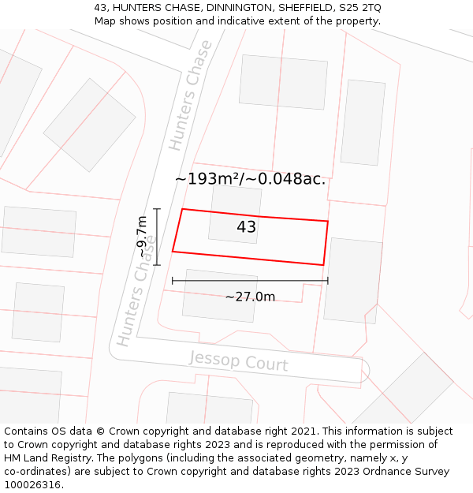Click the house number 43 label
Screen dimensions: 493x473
(x=246, y=227)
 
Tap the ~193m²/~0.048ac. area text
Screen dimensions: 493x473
(x=250, y=179)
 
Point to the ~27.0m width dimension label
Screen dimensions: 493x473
(x=250, y=297)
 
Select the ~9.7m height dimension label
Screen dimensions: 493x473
(x=142, y=237)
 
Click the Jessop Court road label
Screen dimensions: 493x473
(x=238, y=362)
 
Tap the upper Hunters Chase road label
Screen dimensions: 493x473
(x=190, y=95)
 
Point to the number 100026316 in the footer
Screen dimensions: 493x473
(x=32, y=484)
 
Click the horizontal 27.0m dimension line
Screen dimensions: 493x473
(x=250, y=280)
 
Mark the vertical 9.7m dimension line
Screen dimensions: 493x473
(x=157, y=237)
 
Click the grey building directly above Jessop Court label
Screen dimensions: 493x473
(x=220, y=295)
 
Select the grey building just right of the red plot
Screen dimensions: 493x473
(x=352, y=280)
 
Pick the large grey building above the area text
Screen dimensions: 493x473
(x=283, y=81)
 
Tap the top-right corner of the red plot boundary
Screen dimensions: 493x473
(x=327, y=221)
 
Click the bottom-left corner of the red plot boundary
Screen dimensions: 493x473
(x=173, y=252)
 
